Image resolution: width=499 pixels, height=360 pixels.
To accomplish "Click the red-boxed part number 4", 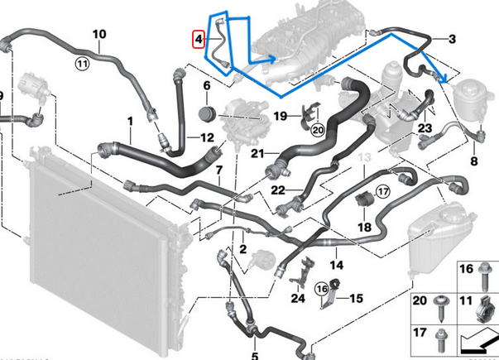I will click(197, 38).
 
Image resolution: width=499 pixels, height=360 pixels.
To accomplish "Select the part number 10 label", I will click(99, 35).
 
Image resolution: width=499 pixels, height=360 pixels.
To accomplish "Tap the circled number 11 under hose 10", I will click(81, 63).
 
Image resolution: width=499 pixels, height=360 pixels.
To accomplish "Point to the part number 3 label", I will click(453, 39).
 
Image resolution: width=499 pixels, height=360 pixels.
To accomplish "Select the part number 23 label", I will click(425, 128).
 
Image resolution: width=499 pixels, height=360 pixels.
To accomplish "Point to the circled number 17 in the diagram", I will click(382, 191).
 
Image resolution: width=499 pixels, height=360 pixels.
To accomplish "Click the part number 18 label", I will click(364, 226).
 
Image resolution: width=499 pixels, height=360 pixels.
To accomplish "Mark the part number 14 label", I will click(335, 265).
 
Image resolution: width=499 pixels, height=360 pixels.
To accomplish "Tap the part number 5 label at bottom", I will click(255, 356).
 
